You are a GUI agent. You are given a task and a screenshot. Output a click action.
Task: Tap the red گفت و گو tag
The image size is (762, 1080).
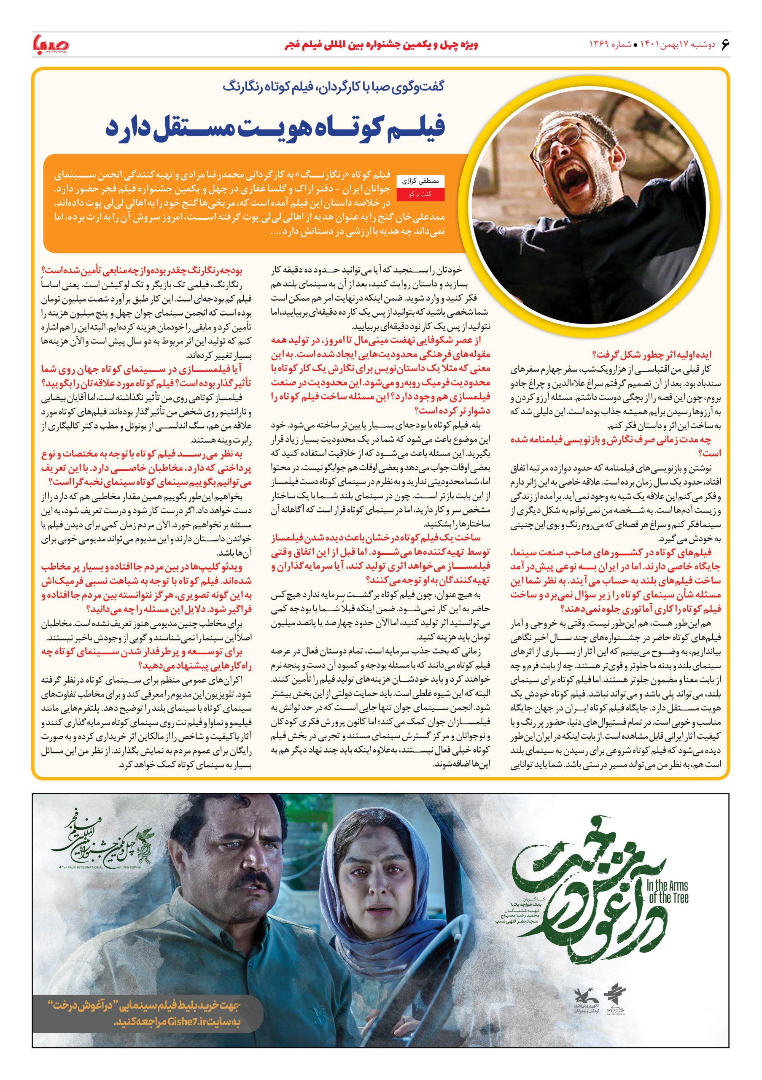point(421,194)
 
